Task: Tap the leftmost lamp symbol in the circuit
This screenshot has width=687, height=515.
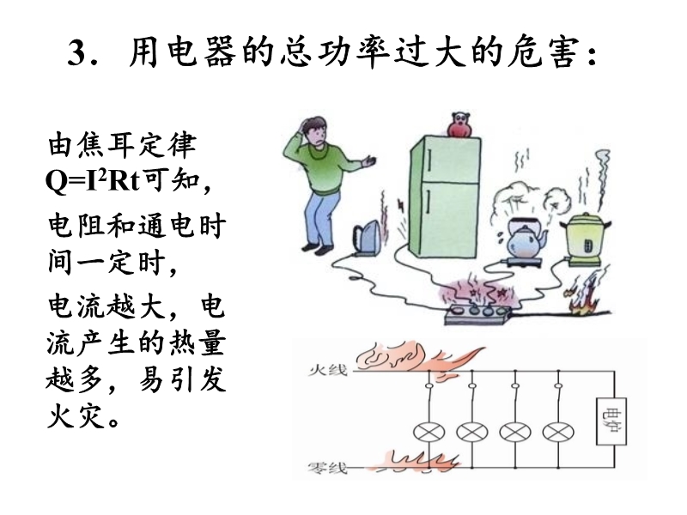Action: click(x=427, y=431)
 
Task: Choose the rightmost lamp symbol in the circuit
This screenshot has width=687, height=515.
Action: click(x=559, y=431)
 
